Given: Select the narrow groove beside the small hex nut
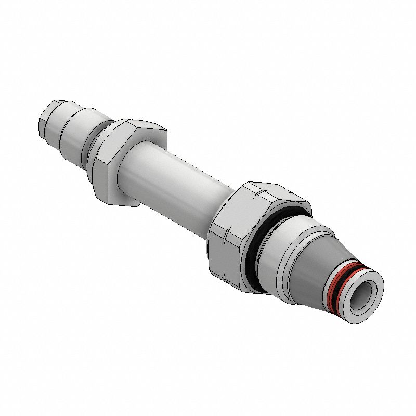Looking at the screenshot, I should pos(93,143).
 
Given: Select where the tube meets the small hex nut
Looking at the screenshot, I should pos(125,172).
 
